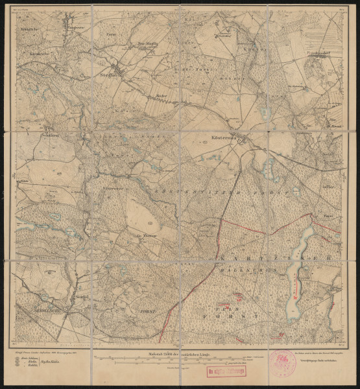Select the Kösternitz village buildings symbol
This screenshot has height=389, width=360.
click(241, 139)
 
